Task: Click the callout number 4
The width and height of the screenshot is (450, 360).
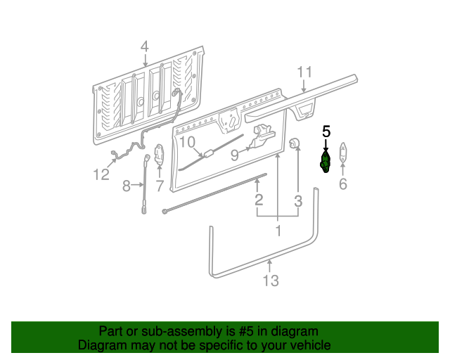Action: (x=144, y=47)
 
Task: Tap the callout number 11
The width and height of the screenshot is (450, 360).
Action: (x=304, y=72)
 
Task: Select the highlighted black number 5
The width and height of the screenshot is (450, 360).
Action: (x=326, y=131)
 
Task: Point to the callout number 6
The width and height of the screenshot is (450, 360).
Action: (x=343, y=184)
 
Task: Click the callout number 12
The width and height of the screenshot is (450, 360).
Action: (x=101, y=174)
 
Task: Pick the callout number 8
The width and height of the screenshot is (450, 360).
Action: (x=127, y=186)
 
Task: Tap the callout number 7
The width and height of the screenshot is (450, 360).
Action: (x=160, y=186)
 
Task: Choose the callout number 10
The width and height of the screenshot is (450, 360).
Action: (x=186, y=143)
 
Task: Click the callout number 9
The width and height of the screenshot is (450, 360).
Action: (x=235, y=154)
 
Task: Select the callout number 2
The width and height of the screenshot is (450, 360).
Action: (x=259, y=200)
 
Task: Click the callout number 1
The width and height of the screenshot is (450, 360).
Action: (x=278, y=231)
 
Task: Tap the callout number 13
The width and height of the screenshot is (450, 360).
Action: (x=271, y=281)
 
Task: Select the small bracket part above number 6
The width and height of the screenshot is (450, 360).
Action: (x=343, y=153)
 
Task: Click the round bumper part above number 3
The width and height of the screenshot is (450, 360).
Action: (x=294, y=144)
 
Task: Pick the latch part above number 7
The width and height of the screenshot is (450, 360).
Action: (x=159, y=154)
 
